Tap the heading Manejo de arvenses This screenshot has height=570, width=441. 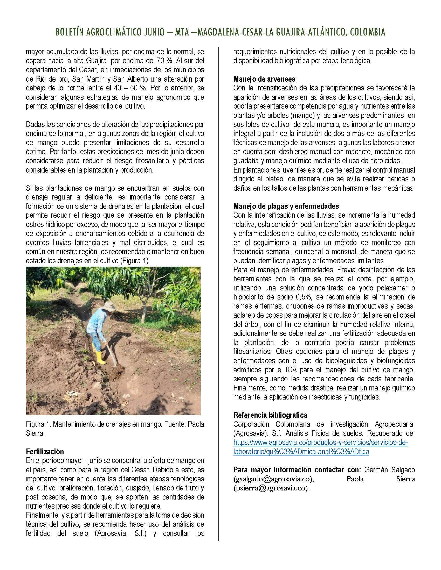click(264, 79)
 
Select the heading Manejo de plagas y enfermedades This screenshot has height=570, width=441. click(286, 206)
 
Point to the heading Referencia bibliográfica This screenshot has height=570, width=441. click(270, 415)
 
